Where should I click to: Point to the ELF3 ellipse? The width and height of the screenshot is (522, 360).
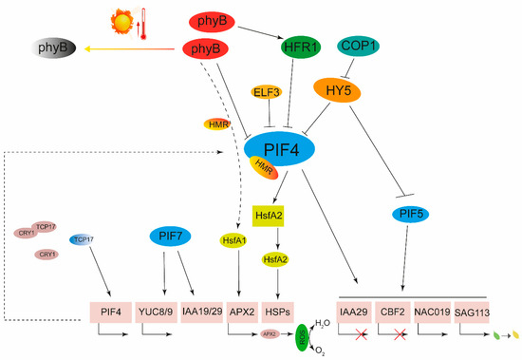click(x=267, y=92)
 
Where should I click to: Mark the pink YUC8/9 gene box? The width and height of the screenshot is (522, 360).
click(x=162, y=311)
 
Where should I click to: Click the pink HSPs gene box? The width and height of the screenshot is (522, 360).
click(x=278, y=311)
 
